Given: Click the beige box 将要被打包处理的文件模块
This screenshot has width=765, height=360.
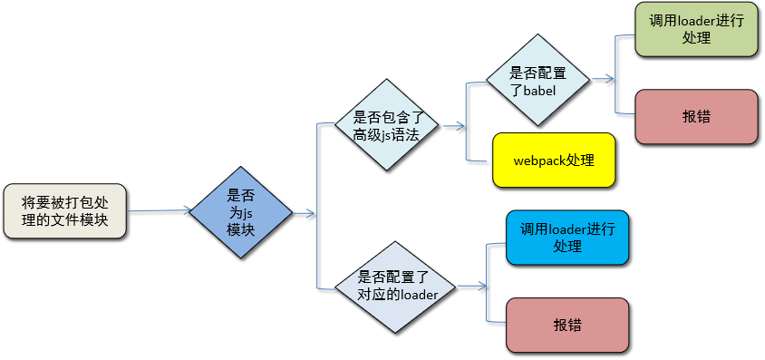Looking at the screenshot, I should [x=64, y=212].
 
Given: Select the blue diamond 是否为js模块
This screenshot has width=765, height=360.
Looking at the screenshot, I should [x=241, y=212].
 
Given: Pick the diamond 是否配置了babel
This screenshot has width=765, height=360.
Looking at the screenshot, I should [x=537, y=81].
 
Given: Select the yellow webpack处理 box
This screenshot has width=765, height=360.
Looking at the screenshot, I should [x=553, y=161].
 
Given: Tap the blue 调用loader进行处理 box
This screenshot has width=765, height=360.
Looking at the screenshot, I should [x=567, y=238].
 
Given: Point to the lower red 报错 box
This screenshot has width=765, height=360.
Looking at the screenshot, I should [x=567, y=324].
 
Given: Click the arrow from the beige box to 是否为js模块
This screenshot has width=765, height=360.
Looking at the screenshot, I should [x=159, y=212].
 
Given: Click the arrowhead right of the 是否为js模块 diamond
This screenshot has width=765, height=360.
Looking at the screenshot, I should [x=310, y=214].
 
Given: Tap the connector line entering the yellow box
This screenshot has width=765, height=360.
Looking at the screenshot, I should [x=479, y=161].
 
